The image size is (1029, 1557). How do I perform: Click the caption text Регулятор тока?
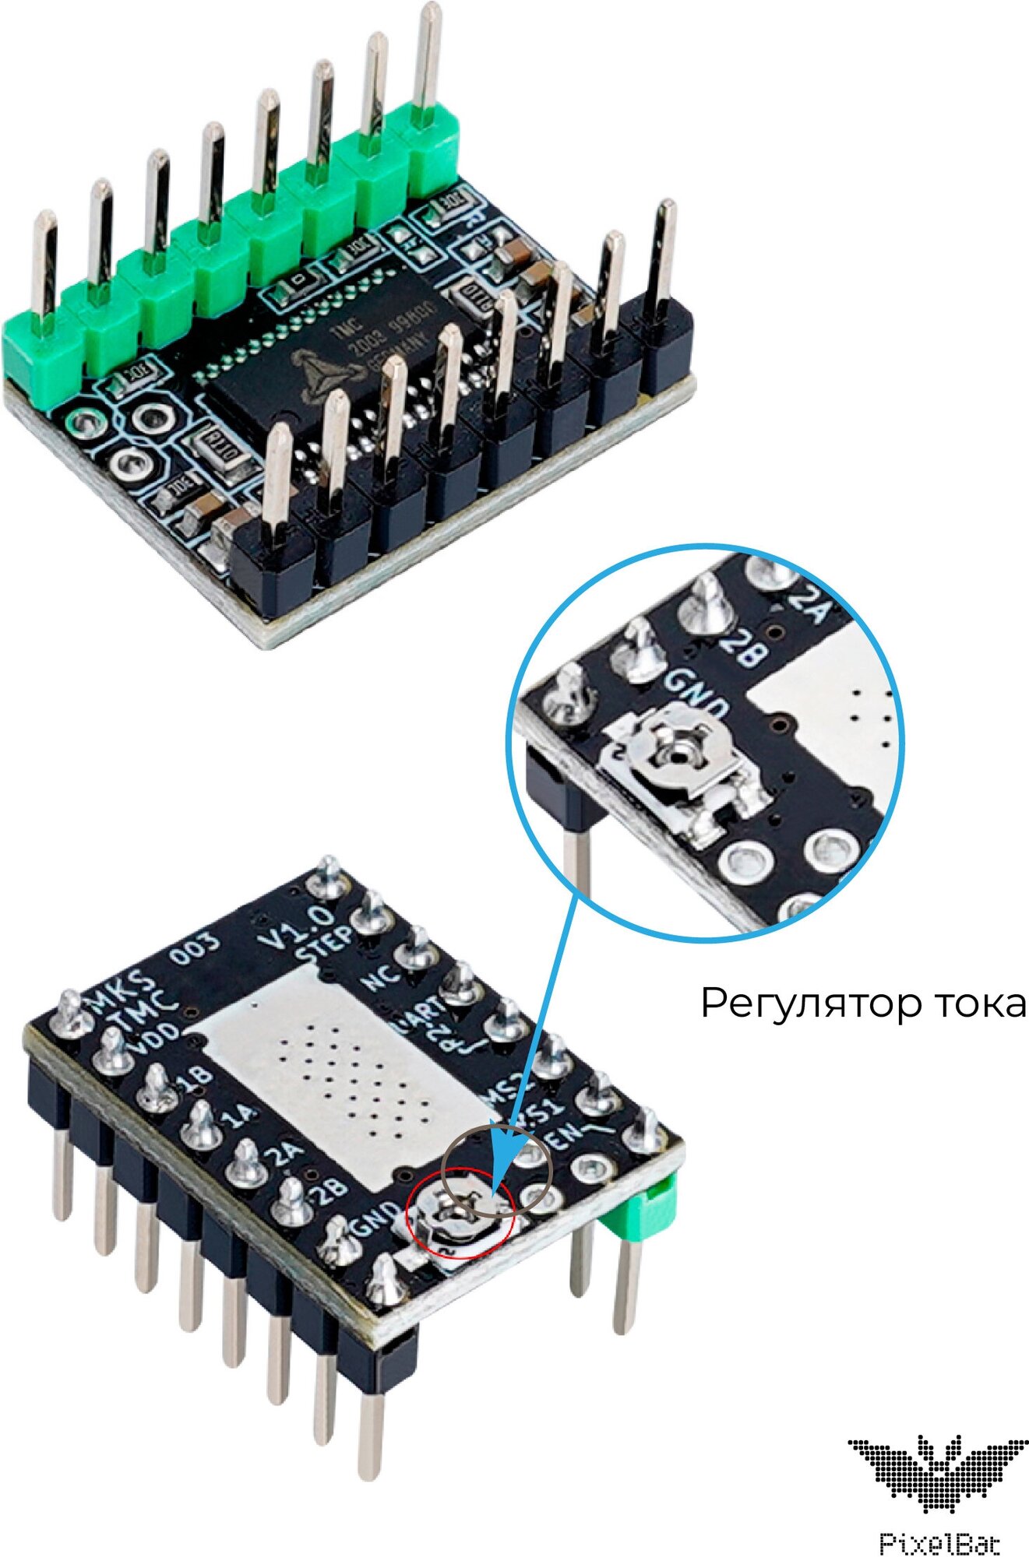point(863,1003)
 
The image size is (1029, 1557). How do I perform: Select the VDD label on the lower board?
point(156,1043)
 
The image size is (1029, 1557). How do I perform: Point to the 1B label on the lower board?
point(195,1077)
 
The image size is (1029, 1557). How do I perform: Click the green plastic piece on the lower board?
point(651,1210)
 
